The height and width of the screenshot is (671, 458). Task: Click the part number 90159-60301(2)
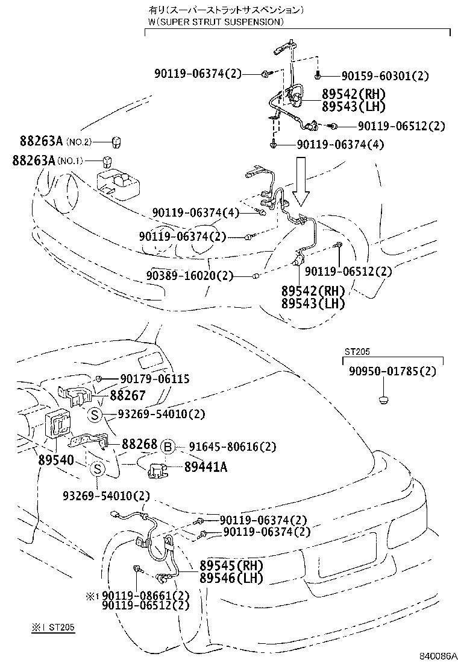pyautogui.click(x=385, y=76)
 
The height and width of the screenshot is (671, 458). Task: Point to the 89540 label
pyautogui.click(x=55, y=460)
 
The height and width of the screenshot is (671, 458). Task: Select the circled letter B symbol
pyautogui.click(x=169, y=447)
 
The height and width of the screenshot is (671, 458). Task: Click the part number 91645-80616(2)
pyautogui.click(x=232, y=447)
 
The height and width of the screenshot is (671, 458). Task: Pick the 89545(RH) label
pyautogui.click(x=231, y=566)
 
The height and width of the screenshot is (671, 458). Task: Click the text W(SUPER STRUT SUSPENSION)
pyautogui.click(x=216, y=22)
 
